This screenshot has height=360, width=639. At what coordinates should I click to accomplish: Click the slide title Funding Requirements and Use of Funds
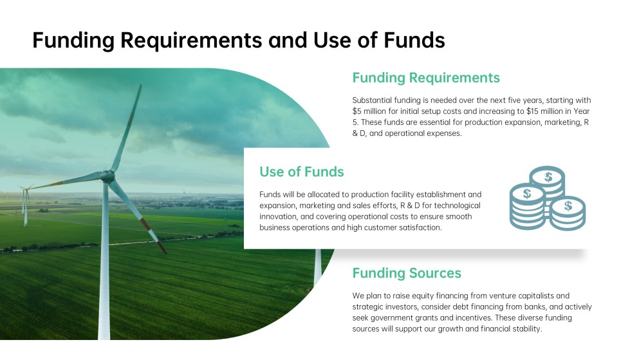239,40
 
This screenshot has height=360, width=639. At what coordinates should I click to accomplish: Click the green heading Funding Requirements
426,78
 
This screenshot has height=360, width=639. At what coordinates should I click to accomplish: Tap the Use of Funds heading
302,172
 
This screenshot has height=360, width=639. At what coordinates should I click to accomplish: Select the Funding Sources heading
407,273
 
